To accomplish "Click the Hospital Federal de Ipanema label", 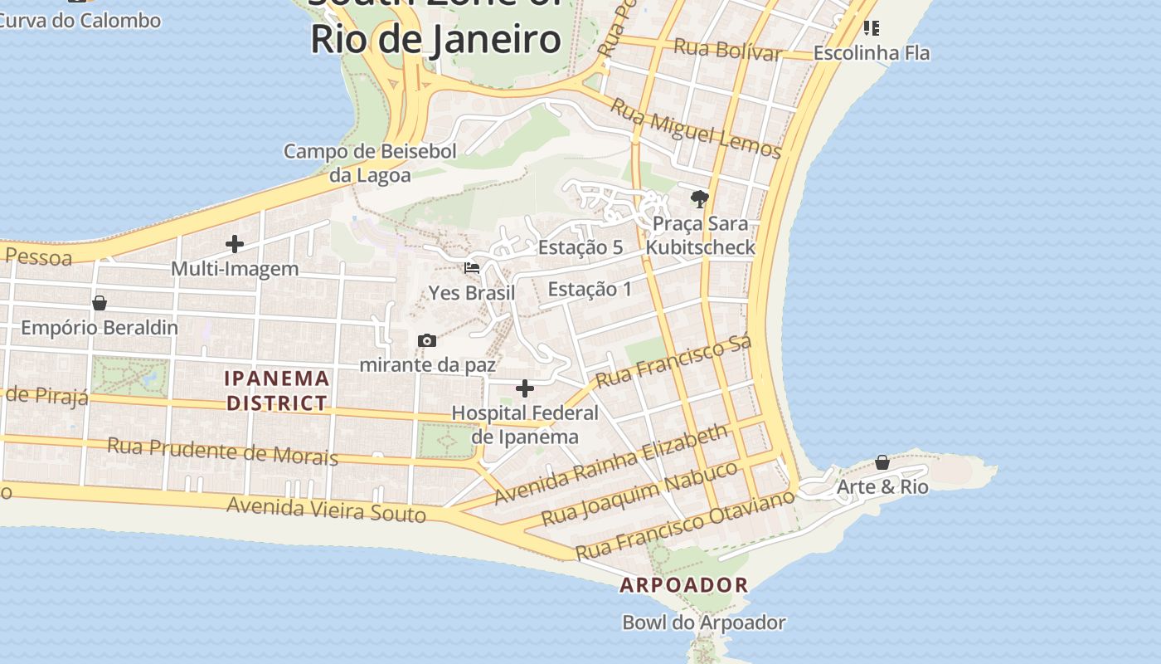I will tap(525, 424).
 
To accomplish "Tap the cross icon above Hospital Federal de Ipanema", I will tap(525, 388).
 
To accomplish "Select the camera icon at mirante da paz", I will tap(427, 340).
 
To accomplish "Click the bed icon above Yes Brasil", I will tap(472, 268).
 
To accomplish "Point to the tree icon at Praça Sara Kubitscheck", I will tap(700, 199).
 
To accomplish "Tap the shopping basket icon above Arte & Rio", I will tap(882, 462).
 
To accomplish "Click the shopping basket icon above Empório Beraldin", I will tap(100, 303).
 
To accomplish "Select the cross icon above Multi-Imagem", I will tap(235, 244).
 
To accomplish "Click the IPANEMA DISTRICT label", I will tap(277, 391).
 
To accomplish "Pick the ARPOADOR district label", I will tap(684, 585).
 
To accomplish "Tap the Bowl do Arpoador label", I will tap(703, 622).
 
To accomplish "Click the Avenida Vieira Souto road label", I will tap(326, 509).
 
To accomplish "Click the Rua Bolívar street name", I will tap(727, 49).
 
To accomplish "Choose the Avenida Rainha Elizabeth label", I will tap(611, 464).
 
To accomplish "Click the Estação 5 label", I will tap(580, 247).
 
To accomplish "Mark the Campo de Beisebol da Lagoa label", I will tap(370, 163).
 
